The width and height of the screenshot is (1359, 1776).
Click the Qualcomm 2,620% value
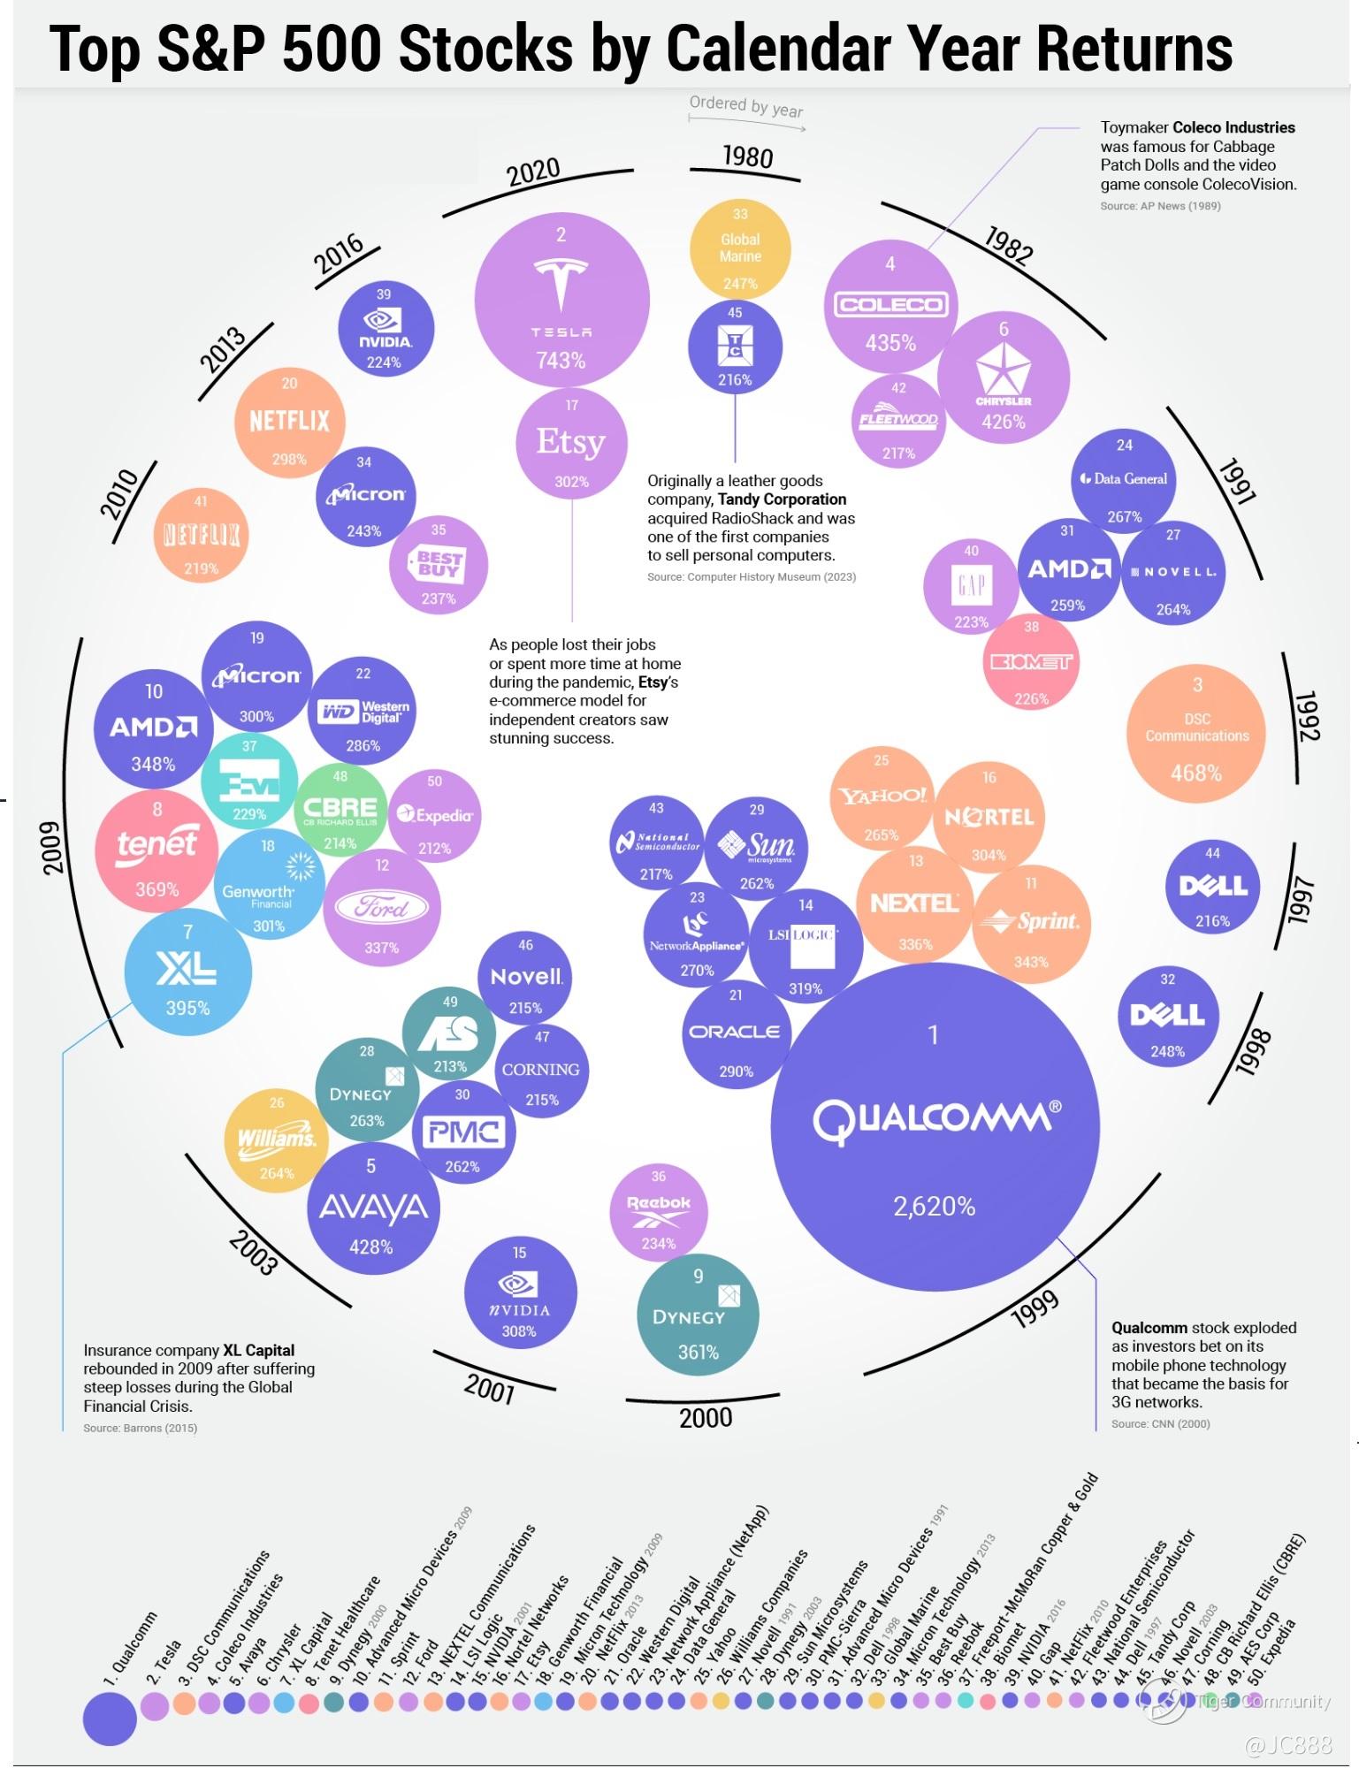[934, 1206]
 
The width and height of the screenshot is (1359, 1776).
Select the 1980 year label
[747, 157]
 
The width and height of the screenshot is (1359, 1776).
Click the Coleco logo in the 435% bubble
[890, 305]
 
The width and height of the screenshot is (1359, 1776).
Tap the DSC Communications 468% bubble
[1196, 734]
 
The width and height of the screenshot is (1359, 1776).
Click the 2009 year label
[53, 846]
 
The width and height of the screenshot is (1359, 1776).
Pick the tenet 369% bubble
[157, 848]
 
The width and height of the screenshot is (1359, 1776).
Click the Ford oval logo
[382, 907]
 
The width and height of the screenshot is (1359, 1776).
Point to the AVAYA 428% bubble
[371, 1208]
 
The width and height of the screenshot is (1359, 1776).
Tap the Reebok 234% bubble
[659, 1211]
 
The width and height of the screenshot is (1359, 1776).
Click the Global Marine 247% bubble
[740, 248]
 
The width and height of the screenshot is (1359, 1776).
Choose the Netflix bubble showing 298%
[289, 421]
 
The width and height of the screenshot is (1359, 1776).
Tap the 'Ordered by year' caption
[746, 107]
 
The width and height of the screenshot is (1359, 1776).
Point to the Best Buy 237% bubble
[439, 565]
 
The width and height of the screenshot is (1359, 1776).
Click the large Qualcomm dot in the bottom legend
[110, 1718]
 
